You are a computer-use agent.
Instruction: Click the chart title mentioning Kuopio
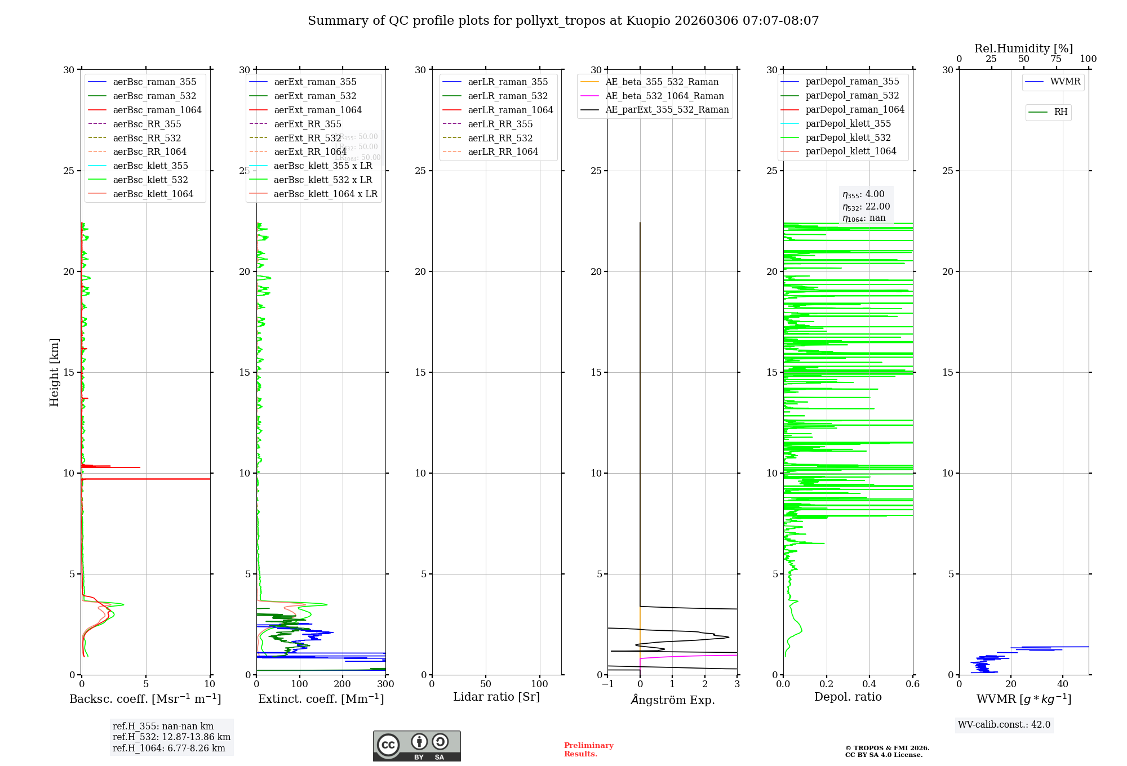pyautogui.click(x=563, y=21)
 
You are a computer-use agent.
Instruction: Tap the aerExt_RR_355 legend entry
pyautogui.click(x=307, y=124)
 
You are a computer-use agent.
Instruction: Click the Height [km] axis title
pyautogui.click(x=54, y=372)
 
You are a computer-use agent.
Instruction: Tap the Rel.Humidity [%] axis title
pyautogui.click(x=1023, y=48)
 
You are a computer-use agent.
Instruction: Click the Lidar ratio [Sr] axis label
pyautogui.click(x=496, y=697)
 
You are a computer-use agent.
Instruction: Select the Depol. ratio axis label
pyautogui.click(x=848, y=697)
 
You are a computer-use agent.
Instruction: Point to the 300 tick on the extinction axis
pyautogui.click(x=385, y=684)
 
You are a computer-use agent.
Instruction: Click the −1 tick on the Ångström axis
pyautogui.click(x=607, y=684)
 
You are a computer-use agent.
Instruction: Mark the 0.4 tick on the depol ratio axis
pyautogui.click(x=869, y=684)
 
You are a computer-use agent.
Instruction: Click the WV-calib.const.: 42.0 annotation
pyautogui.click(x=1004, y=724)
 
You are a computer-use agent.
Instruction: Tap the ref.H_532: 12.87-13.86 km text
pyautogui.click(x=171, y=737)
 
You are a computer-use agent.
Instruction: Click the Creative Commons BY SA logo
pyautogui.click(x=416, y=746)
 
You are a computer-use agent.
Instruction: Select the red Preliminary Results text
pyautogui.click(x=588, y=749)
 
